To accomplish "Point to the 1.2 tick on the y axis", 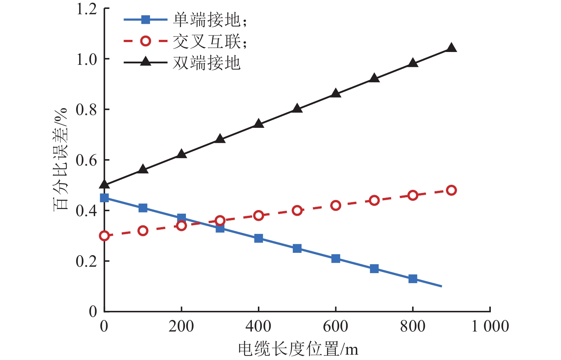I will pyautogui.click(x=87, y=9).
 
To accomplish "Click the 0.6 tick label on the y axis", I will pyautogui.click(x=87, y=160).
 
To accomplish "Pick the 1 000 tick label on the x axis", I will pyautogui.click(x=490, y=326).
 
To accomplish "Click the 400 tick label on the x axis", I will pyautogui.click(x=258, y=326).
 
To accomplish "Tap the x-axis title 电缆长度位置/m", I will pyautogui.click(x=298, y=349).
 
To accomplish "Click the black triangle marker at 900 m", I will pyautogui.click(x=451, y=48).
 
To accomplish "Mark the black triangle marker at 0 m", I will pyautogui.click(x=104, y=184).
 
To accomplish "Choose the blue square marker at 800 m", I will pyautogui.click(x=413, y=278).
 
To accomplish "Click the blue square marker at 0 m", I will pyautogui.click(x=104, y=198).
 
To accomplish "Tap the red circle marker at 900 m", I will pyautogui.click(x=451, y=190).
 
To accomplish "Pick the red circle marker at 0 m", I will pyautogui.click(x=104, y=236).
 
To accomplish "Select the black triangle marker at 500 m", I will pyautogui.click(x=297, y=108).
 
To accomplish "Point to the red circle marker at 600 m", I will pyautogui.click(x=336, y=205).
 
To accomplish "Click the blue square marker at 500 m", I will pyautogui.click(x=297, y=248).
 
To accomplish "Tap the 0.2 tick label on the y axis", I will pyautogui.click(x=87, y=261).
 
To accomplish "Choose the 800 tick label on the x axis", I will pyautogui.click(x=412, y=326).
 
